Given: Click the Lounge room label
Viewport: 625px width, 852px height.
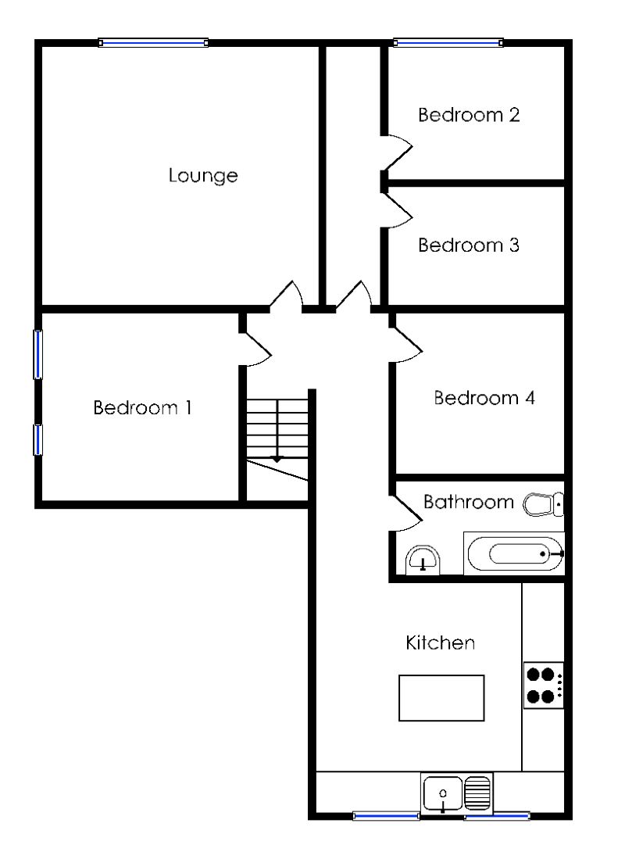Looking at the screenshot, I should [203, 176].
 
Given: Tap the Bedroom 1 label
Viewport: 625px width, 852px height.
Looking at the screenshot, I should [142, 408].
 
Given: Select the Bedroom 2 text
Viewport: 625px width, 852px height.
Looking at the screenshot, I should [469, 116].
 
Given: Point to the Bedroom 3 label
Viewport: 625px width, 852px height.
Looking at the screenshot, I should [469, 245].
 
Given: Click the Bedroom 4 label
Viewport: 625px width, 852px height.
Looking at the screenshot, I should [484, 398].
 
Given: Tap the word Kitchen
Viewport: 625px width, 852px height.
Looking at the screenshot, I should [441, 643].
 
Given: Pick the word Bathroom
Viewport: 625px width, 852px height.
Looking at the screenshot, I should [469, 502].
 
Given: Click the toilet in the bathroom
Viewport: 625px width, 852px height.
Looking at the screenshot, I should [542, 505].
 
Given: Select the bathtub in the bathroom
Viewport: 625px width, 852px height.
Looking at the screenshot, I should [514, 554].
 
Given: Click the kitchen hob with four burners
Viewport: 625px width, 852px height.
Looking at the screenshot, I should [543, 685].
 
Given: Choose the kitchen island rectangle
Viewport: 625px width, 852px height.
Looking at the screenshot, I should [441, 697].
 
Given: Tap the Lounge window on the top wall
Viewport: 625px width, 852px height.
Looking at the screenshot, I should [153, 43].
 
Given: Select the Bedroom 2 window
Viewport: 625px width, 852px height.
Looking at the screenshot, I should [447, 43].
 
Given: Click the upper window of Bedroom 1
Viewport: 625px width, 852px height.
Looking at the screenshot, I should [37, 354].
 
